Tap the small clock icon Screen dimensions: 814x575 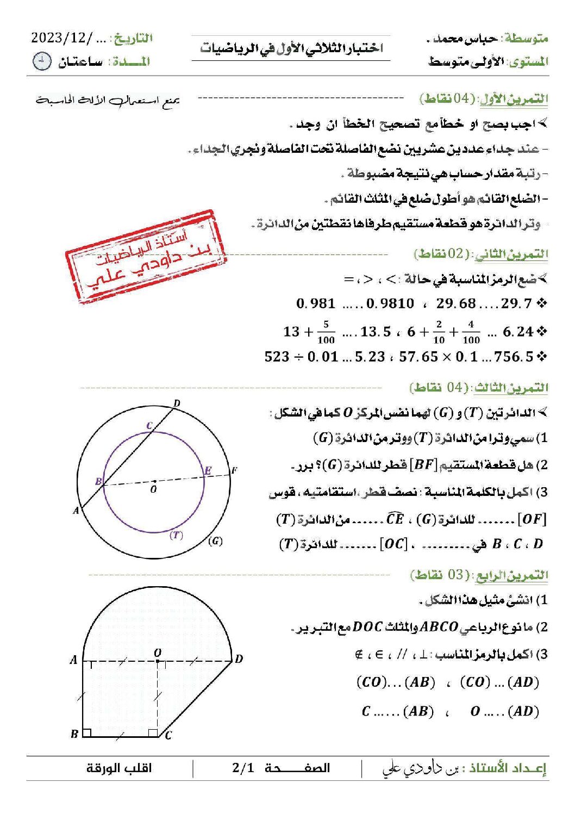point(42,61)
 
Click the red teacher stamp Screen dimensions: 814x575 point(146,255)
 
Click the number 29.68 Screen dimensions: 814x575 point(455,303)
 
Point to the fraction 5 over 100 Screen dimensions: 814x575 point(326,332)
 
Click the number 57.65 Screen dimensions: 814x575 point(418,357)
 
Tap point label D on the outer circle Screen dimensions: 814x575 point(177,403)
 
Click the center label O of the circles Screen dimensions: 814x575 point(154,489)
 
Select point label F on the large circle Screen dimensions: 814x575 point(234,470)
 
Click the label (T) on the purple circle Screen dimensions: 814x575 point(176,535)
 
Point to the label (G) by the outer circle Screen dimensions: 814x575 point(215,541)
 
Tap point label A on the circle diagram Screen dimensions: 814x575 point(76,511)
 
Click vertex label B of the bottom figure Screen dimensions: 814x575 point(74,734)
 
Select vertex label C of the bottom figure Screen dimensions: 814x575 point(168,735)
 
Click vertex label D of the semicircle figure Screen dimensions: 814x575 point(239,659)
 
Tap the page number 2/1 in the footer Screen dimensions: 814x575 point(243,768)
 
